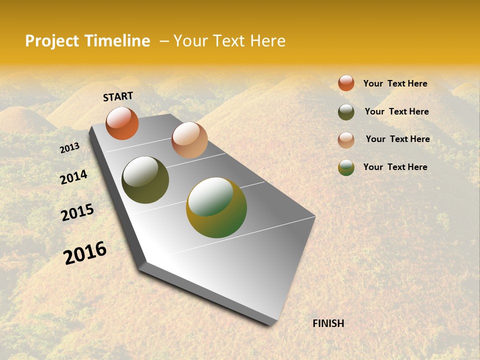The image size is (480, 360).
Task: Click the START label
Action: (118, 96)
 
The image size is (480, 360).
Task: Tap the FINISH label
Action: (328, 323)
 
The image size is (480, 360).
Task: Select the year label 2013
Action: (70, 148)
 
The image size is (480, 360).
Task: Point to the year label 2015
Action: (77, 212)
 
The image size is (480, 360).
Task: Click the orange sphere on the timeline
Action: (122, 123)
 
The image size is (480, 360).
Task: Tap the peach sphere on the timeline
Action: (189, 140)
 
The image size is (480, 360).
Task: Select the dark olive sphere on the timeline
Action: (145, 180)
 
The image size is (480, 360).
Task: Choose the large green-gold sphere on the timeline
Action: (216, 207)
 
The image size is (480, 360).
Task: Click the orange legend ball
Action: (346, 83)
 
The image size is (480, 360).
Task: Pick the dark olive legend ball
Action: (346, 112)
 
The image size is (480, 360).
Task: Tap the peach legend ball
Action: (346, 140)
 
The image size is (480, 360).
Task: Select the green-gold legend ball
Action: (346, 167)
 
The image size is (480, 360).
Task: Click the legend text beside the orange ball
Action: (395, 84)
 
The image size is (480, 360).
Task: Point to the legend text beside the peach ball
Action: (397, 139)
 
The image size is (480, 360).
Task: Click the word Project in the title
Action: (52, 41)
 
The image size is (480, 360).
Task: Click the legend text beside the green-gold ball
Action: (395, 167)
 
